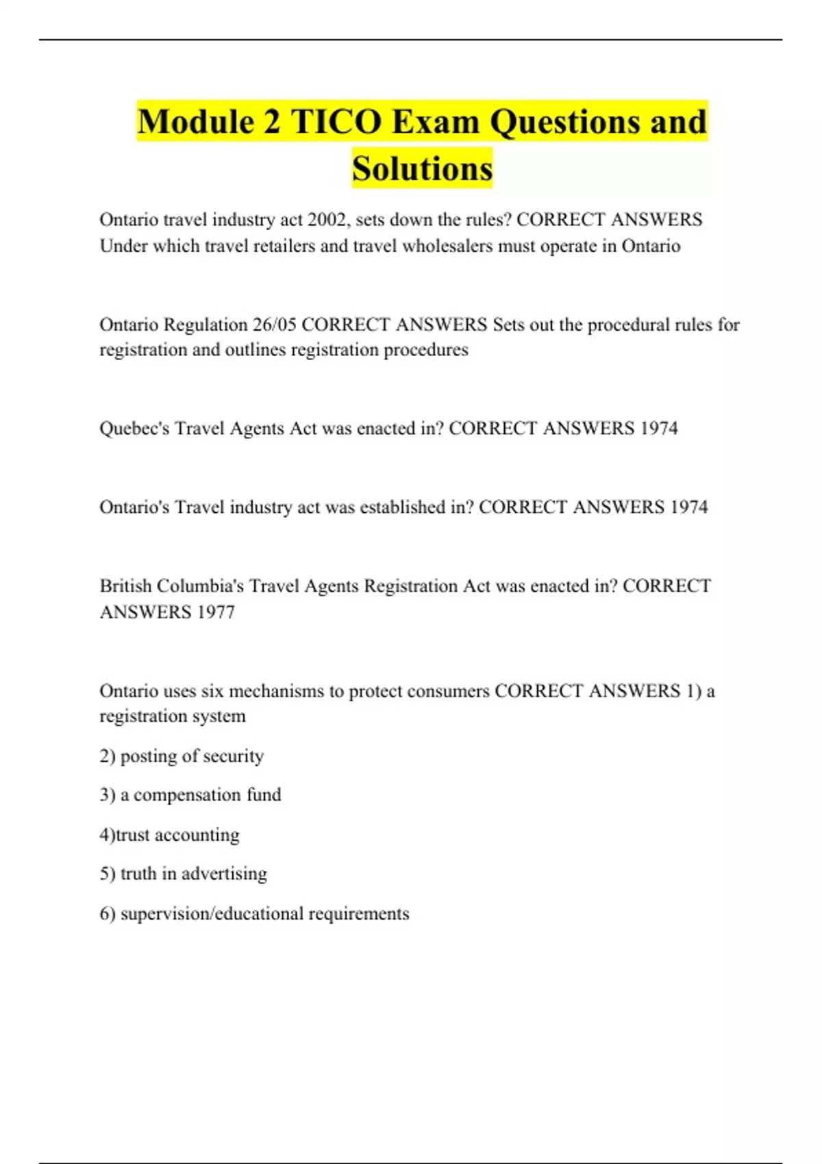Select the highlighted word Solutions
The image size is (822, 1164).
point(423,168)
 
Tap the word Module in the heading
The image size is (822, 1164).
point(196,122)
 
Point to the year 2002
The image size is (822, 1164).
point(327,220)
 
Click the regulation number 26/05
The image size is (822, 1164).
point(273,325)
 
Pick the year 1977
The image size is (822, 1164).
point(216,612)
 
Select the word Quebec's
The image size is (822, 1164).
point(134,429)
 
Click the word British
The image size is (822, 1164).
point(126,586)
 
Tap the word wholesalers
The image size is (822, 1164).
point(447,246)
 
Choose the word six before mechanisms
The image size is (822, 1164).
point(212,691)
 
